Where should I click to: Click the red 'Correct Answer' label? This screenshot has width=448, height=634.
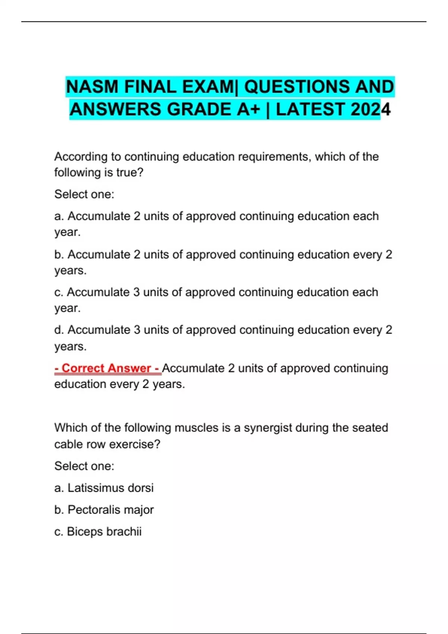108,368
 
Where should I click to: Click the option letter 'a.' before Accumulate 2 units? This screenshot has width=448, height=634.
59,216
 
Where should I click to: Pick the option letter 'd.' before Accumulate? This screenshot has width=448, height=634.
59,330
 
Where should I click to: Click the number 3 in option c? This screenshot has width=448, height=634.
137,292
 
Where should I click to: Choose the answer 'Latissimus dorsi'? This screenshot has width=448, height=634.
111,488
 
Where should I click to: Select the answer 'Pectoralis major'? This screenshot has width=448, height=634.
111,510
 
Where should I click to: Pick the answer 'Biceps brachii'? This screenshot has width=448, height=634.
104,531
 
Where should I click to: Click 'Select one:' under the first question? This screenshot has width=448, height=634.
84,194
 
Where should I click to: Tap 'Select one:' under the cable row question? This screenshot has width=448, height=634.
84,466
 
